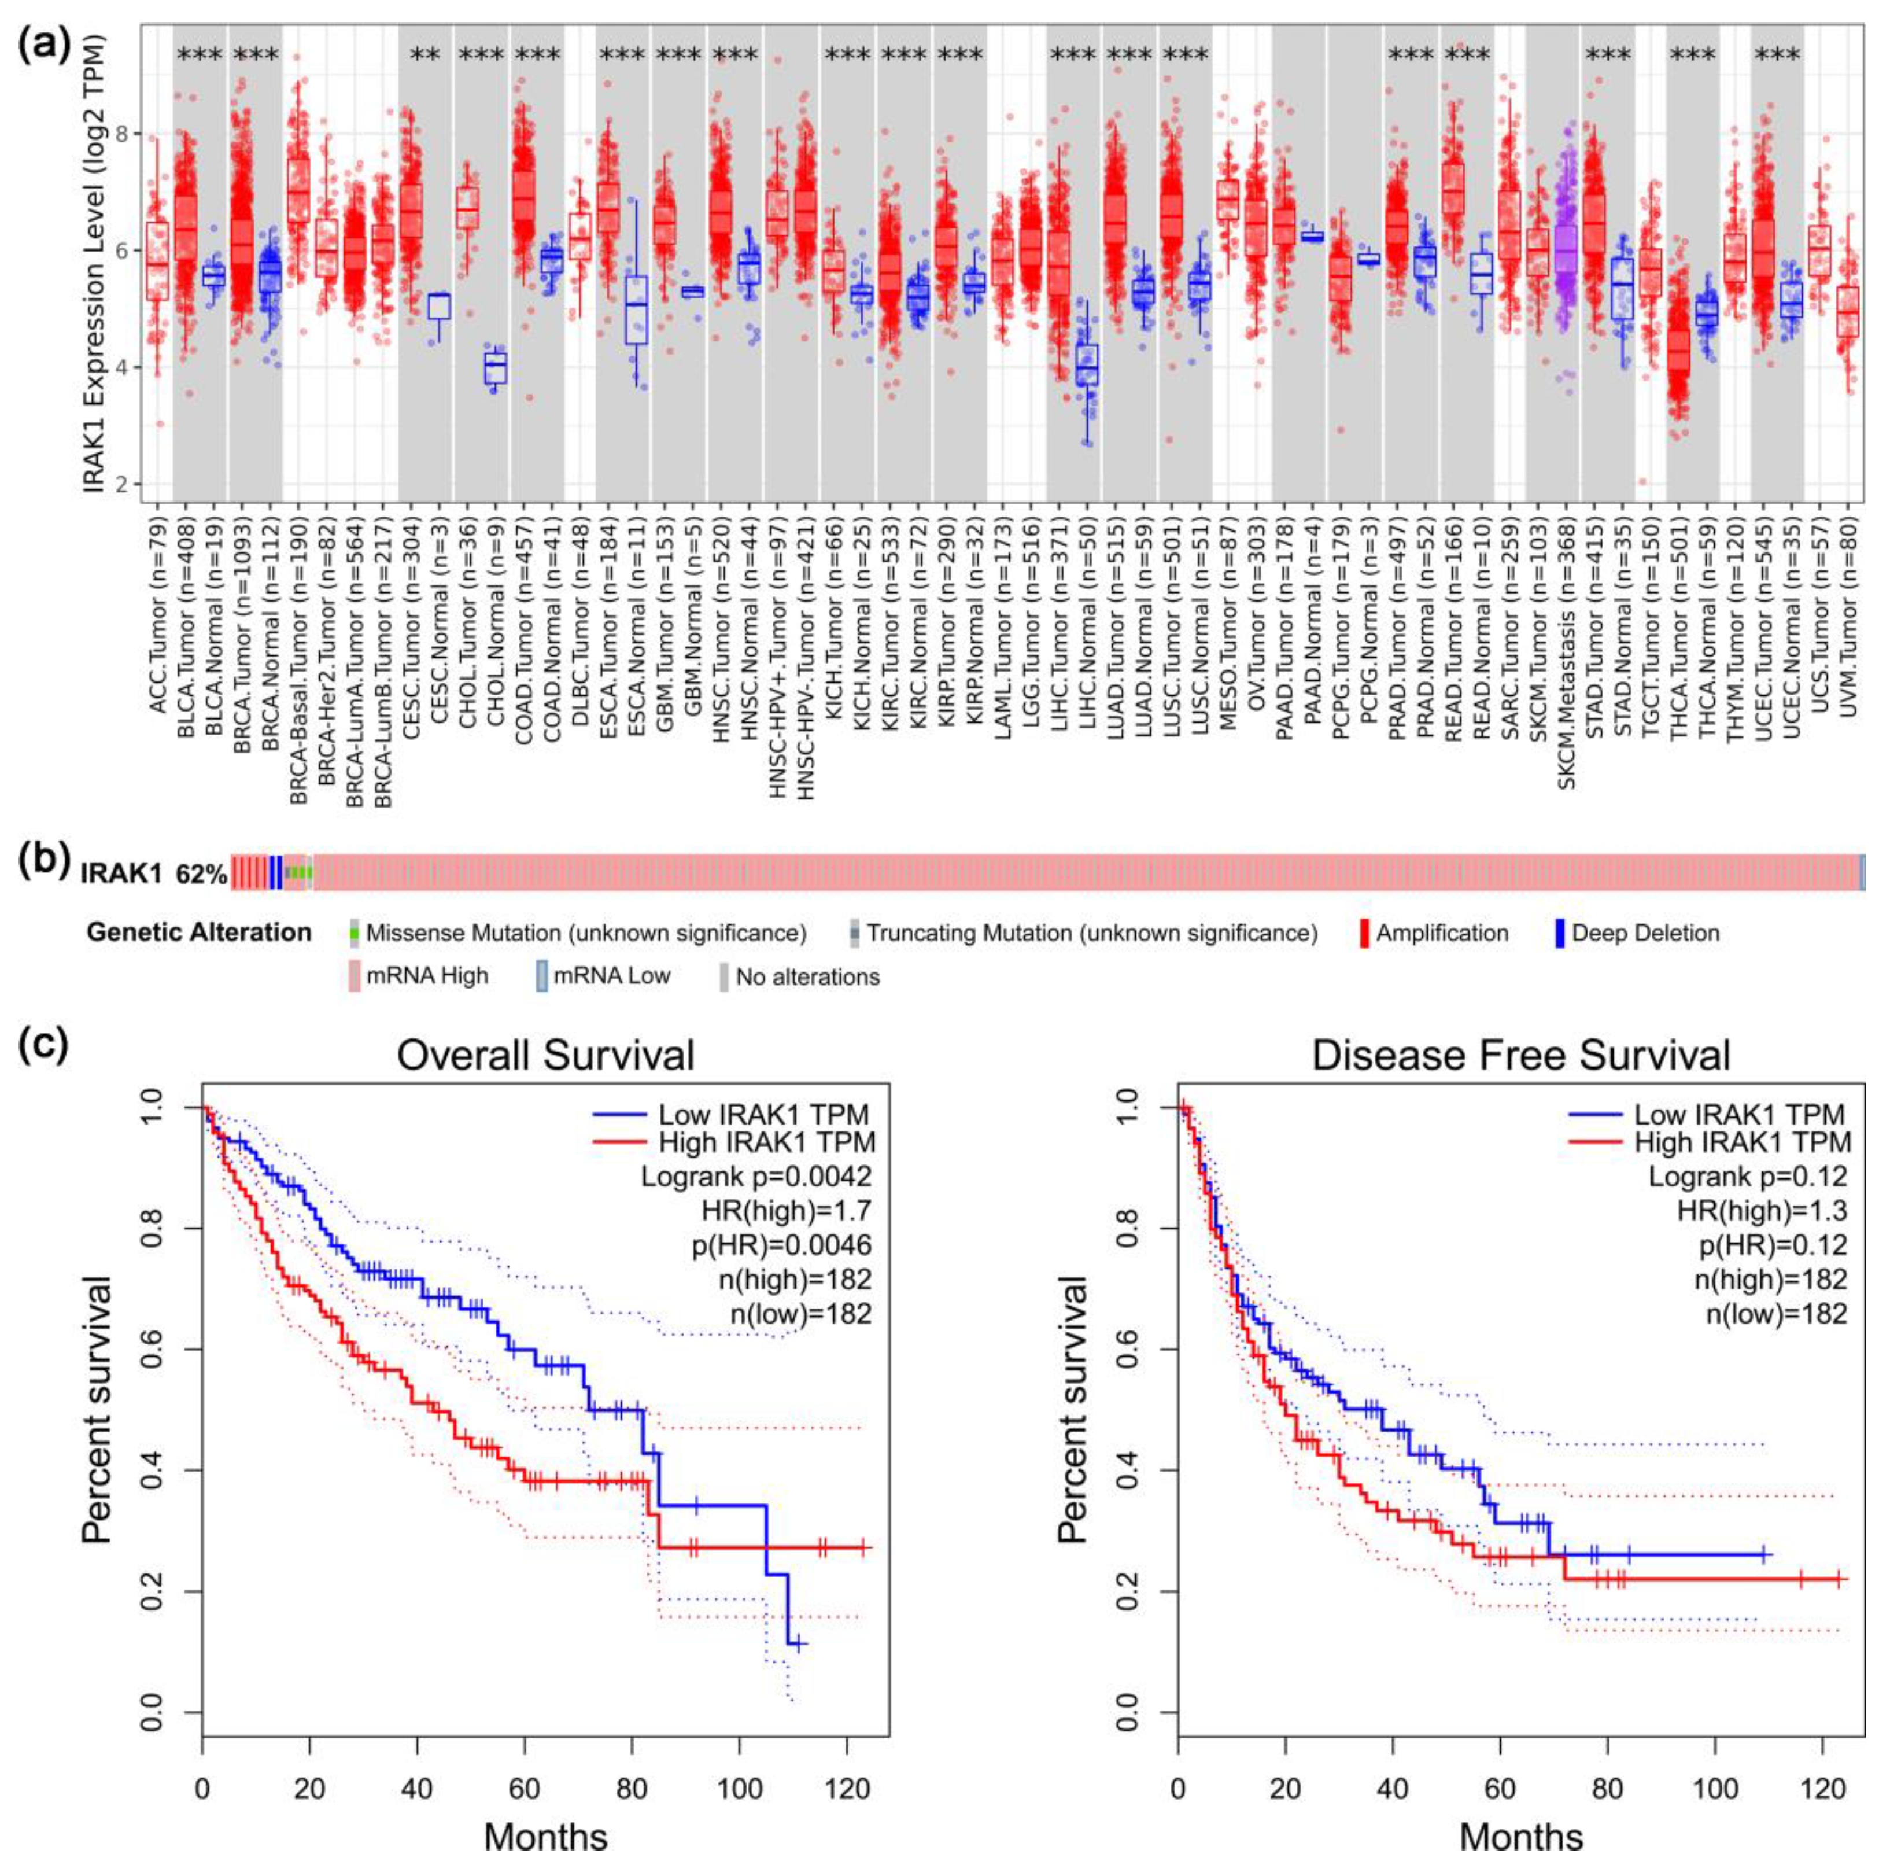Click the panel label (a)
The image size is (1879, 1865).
click(47, 44)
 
